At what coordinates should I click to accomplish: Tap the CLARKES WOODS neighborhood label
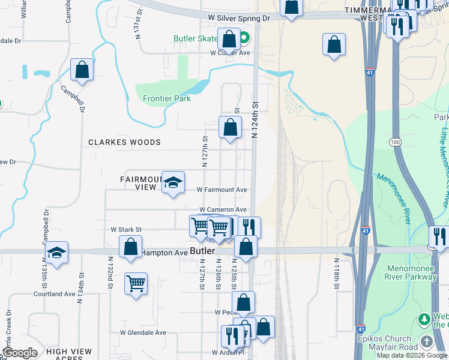click(x=124, y=142)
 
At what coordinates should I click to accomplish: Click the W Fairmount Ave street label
click(x=222, y=190)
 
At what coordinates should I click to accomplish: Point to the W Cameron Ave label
click(x=223, y=209)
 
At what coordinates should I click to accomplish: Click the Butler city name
click(x=202, y=251)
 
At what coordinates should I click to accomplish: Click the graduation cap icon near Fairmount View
click(x=173, y=182)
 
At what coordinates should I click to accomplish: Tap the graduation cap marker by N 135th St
click(x=56, y=253)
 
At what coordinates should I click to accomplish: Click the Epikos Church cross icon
click(x=426, y=341)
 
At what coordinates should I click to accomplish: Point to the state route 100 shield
click(x=394, y=142)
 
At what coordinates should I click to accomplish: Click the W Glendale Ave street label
click(x=143, y=332)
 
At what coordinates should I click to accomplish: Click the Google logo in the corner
click(x=19, y=353)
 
